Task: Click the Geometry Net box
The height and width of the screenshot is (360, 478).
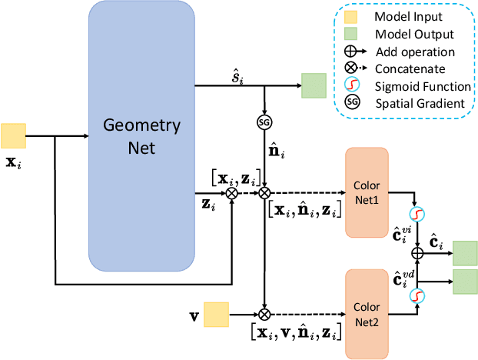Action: point(141,135)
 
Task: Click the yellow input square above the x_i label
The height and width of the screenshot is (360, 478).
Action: point(14,136)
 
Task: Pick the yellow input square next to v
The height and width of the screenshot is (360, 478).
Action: point(216,315)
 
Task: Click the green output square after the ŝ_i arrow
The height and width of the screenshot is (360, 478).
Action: point(314,86)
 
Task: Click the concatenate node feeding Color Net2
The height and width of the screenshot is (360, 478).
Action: point(264,315)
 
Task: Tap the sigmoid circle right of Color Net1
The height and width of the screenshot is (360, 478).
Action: point(418,214)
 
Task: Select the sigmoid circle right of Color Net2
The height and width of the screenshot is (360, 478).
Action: point(418,295)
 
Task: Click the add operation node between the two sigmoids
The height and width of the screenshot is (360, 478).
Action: point(418,252)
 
